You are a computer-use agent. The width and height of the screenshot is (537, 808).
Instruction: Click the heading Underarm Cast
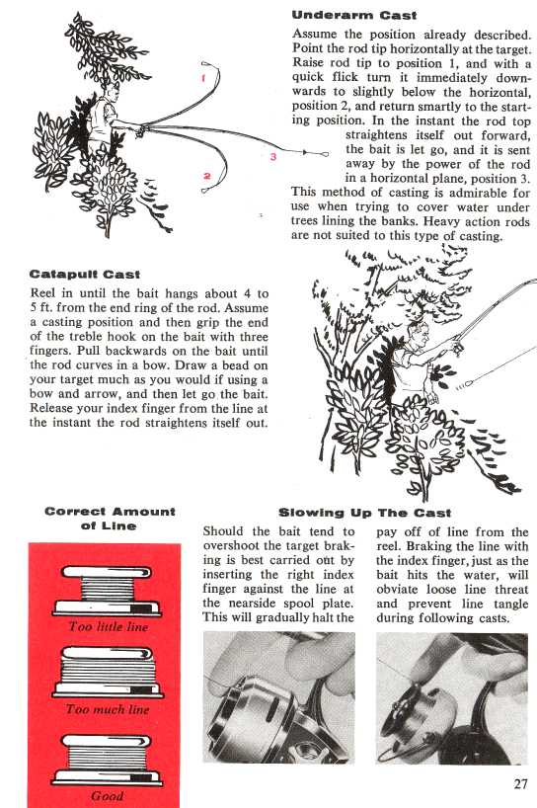point(354,16)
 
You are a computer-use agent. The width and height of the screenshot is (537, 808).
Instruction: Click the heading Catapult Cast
point(85,275)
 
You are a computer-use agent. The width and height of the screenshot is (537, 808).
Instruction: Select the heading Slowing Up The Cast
point(364,513)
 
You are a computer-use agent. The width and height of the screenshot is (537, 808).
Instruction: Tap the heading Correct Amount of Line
point(110,519)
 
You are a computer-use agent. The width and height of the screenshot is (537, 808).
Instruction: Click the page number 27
point(520,783)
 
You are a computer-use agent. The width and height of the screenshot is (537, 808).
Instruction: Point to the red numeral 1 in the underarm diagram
point(204,79)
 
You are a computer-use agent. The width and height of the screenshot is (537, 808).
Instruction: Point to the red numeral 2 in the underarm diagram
point(207,176)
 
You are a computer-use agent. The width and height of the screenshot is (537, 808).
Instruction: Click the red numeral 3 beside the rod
point(272,157)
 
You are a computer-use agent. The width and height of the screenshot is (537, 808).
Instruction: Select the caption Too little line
point(109,626)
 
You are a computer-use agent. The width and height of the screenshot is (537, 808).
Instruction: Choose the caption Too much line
point(108,709)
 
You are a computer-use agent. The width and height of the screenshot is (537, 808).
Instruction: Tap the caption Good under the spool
point(107,795)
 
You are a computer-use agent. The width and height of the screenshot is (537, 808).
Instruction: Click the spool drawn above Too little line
point(107,591)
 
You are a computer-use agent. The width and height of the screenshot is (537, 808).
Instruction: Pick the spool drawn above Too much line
point(107,672)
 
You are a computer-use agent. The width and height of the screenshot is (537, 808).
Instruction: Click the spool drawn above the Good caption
point(108,760)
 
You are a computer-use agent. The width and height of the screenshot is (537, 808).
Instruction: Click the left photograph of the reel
point(279,696)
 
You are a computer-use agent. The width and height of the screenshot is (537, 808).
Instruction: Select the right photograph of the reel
point(452,698)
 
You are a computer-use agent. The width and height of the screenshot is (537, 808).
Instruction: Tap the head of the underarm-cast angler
point(112,93)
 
